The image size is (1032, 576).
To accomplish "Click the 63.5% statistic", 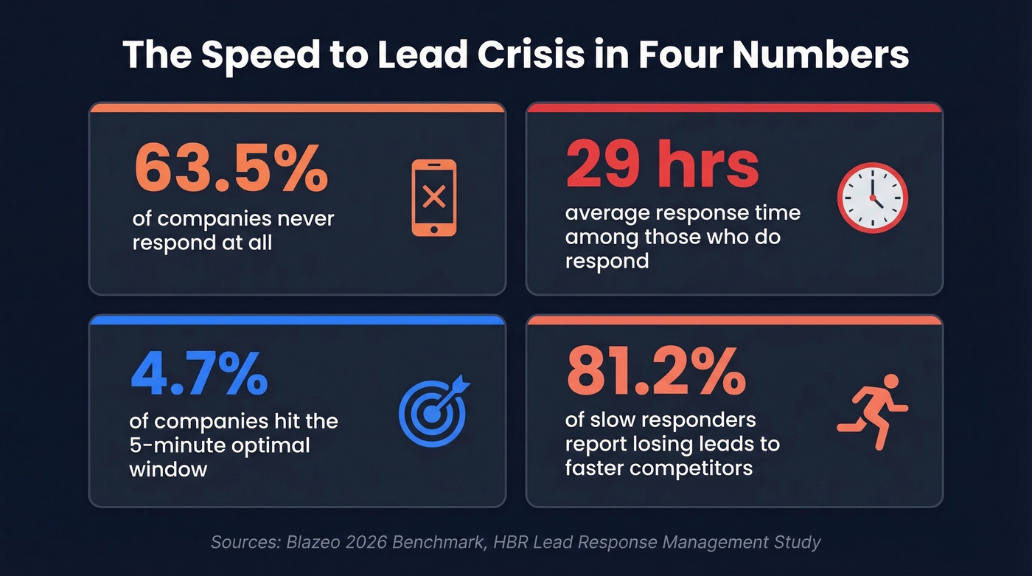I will [231, 169].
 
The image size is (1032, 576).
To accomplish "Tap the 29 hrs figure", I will [662, 165].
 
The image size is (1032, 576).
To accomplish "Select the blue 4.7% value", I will [199, 374].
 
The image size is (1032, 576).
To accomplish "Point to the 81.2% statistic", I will [655, 372].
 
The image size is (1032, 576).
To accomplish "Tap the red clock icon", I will [872, 198].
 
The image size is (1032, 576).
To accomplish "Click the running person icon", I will [873, 411].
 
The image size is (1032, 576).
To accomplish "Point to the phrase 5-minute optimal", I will [220, 445].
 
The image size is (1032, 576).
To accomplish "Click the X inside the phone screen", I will [433, 196].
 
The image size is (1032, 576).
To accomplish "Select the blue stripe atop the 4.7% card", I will [297, 319].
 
